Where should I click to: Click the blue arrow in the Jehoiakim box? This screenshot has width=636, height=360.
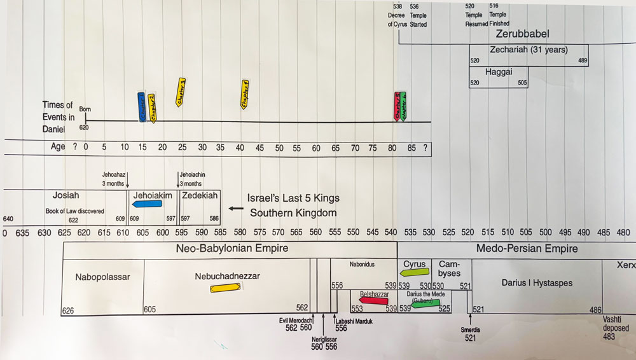tap(146, 204)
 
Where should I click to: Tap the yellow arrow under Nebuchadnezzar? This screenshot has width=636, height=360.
tap(225, 288)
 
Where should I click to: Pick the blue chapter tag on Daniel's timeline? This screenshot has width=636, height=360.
tap(142, 107)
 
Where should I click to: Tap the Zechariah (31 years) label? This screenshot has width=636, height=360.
tap(529, 50)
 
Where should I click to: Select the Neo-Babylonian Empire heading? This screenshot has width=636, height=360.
tap(232, 248)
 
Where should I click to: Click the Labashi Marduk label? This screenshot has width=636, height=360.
tap(355, 321)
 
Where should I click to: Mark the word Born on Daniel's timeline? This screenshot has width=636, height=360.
tap(85, 109)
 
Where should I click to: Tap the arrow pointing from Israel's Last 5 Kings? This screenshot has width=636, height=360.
tap(237, 208)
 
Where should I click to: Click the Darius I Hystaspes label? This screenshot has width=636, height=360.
tap(536, 283)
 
